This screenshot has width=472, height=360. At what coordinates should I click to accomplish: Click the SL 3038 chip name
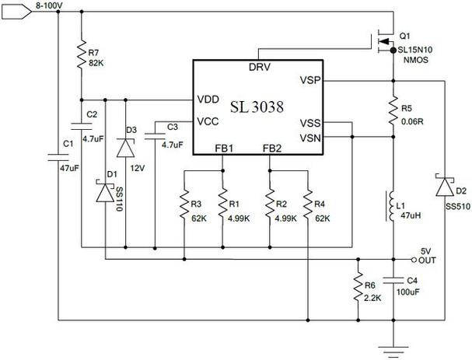pos(257,107)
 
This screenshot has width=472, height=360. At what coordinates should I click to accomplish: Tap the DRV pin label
pos(260,67)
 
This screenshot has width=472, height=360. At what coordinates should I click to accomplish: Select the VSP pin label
pos(310,80)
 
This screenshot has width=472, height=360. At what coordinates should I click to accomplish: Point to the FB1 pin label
pos(224,149)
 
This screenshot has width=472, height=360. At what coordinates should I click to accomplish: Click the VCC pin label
pos(208,121)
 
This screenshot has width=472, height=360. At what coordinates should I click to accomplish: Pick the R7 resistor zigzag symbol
pos(82,54)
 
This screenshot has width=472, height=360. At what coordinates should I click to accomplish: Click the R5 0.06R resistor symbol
pos(393,110)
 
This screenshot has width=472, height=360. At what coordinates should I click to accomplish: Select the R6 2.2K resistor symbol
pos(358,287)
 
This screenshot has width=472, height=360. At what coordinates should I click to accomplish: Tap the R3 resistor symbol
pos(184,204)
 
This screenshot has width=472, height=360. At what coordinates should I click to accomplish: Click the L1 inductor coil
pos(390,206)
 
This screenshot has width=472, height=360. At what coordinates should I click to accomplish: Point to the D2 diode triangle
pos(445,187)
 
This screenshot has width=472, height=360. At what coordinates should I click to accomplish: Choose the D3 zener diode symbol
pos(125,148)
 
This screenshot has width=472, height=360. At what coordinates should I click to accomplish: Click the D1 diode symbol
pos(105,192)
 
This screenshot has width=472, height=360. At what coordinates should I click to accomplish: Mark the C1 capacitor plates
pos(58,157)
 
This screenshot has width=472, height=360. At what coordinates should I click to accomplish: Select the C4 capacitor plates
pos(393,281)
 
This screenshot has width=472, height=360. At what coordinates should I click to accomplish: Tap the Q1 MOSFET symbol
pos(384,41)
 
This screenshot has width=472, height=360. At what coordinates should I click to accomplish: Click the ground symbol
pos(393,351)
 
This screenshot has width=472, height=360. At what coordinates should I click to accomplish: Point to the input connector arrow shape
pos(16,12)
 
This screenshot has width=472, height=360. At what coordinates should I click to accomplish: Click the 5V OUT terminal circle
pos(414,260)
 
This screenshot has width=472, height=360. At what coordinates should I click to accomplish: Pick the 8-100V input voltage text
pos(49,5)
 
